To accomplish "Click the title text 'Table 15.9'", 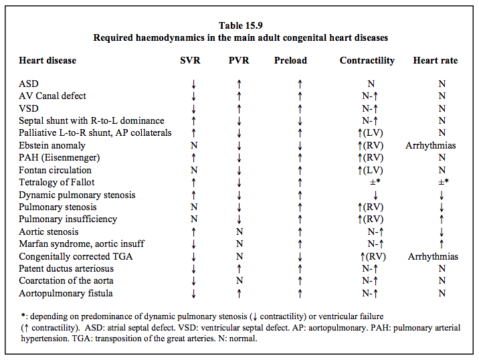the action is [x=240, y=25].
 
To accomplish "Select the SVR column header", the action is [x=190, y=60].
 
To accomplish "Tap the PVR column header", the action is [x=239, y=60].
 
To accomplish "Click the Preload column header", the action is [x=290, y=60].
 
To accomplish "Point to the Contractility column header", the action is [x=367, y=60].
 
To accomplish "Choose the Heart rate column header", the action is [x=436, y=60].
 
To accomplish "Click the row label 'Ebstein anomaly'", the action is [x=52, y=145].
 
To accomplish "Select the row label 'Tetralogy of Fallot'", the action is [x=56, y=183].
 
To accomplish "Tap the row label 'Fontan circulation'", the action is [x=55, y=170].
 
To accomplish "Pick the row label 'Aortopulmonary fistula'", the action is [x=66, y=293].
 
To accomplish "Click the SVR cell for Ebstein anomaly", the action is [x=194, y=145].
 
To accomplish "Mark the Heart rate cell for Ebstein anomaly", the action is [x=431, y=145].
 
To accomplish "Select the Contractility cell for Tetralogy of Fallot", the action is [x=375, y=182].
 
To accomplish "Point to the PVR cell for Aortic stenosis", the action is [x=239, y=232].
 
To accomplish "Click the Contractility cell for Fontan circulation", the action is [x=370, y=170].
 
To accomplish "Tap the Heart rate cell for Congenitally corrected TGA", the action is [x=434, y=256].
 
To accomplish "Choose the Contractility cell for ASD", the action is [x=371, y=84].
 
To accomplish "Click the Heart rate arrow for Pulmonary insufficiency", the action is [x=442, y=219].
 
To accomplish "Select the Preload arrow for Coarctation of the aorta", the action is [x=300, y=281].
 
